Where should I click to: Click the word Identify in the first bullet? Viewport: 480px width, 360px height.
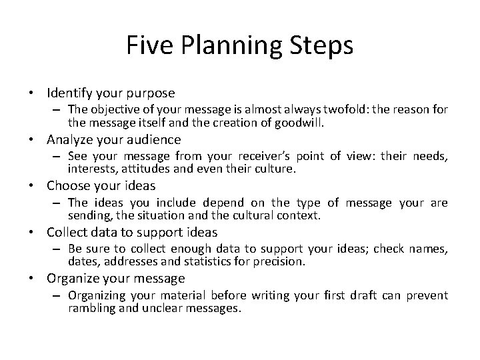(71, 93)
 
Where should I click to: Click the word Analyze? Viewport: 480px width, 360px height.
(69, 139)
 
